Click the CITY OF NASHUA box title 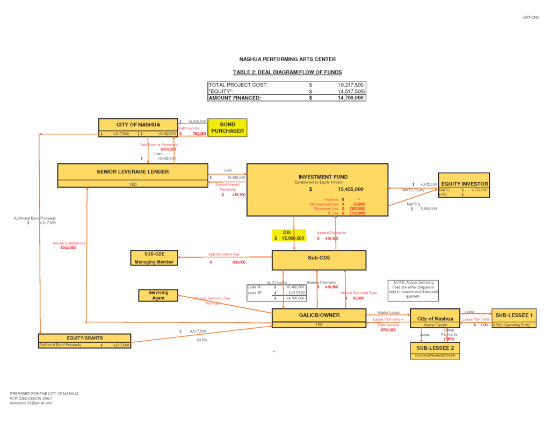(138, 125)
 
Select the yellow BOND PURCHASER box (227, 128)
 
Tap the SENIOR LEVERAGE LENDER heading (133, 172)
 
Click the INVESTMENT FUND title (323, 177)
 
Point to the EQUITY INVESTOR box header (465, 184)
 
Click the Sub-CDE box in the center (319, 258)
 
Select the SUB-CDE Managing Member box (154, 258)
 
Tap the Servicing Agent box (158, 296)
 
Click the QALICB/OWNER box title (319, 315)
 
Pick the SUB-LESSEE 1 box (514, 315)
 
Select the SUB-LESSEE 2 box (435, 348)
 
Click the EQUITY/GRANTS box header (85, 338)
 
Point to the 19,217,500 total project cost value (351, 85)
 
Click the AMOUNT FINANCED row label (235, 98)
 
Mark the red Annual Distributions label (69, 243)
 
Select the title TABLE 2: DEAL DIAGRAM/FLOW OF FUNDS (287, 72)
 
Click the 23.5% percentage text (202, 340)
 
